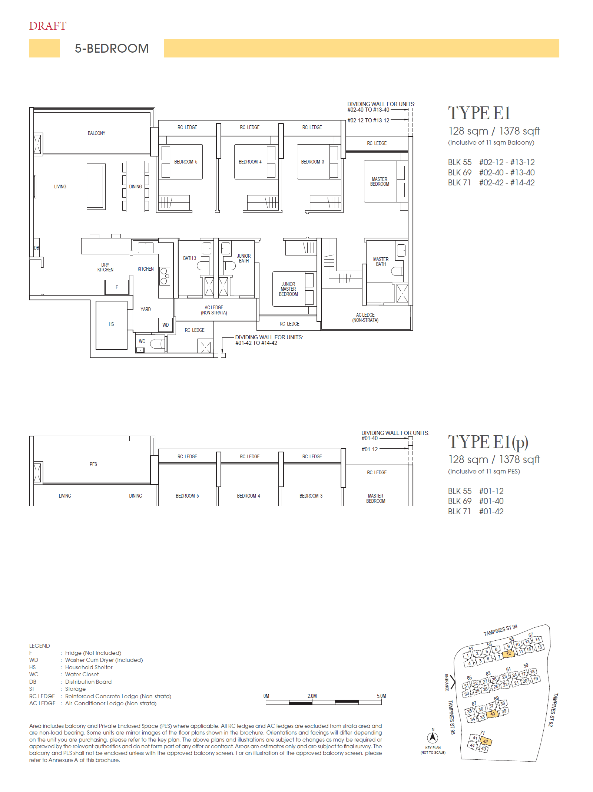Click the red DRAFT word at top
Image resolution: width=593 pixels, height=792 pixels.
coord(47,26)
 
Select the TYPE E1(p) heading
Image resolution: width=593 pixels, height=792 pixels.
coord(488,442)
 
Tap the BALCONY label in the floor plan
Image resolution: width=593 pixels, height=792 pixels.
coord(96,133)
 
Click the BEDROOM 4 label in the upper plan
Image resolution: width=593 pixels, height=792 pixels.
coord(250,162)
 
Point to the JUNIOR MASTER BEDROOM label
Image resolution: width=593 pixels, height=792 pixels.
coord(288,289)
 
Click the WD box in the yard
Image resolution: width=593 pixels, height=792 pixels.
coord(165,325)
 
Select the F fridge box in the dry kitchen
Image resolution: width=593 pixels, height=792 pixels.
coord(117,287)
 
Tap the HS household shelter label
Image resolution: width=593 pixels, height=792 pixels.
coord(111,324)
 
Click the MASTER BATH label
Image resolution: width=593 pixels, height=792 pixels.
coord(381,262)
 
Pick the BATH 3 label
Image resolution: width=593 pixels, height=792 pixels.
coord(189,258)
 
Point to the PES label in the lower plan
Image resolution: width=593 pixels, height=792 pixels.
coord(93,464)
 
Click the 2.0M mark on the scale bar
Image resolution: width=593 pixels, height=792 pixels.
coord(312,696)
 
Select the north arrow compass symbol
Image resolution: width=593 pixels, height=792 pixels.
coord(433,738)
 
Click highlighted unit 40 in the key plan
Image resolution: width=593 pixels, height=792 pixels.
coord(492,714)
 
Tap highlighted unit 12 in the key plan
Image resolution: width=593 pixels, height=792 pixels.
coord(508,654)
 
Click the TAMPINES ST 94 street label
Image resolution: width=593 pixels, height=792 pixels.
coord(500,630)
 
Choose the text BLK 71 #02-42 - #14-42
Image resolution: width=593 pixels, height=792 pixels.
coord(491,183)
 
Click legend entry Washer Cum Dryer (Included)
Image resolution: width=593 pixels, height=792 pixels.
coord(104,660)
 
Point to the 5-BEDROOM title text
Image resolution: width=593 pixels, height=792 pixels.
coord(112,49)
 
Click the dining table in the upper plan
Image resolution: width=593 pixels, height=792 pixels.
coord(135,187)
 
